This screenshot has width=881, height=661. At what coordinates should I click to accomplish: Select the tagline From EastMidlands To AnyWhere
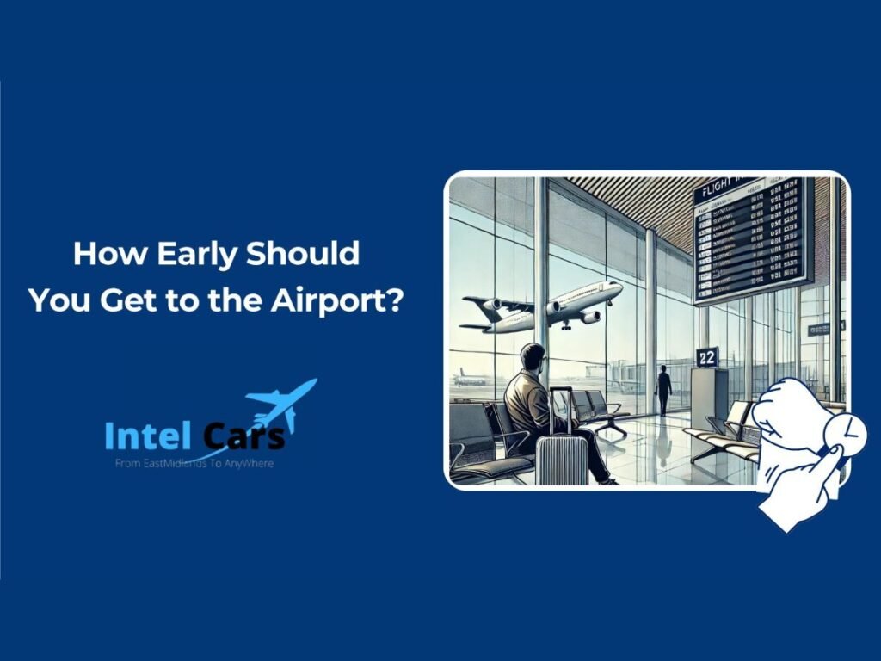click(194, 463)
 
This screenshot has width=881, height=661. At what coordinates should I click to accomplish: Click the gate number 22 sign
click(707, 357)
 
